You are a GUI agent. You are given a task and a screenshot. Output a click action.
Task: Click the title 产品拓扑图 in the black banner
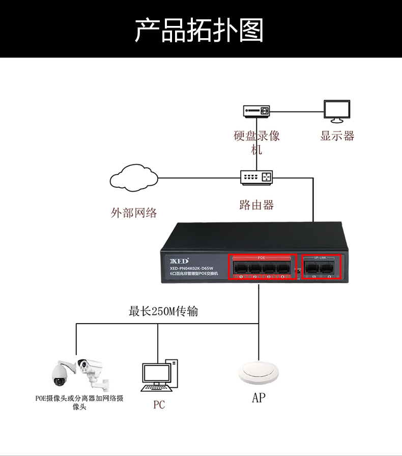coord(200,30)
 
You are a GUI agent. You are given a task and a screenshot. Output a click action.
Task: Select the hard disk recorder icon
coord(256,111)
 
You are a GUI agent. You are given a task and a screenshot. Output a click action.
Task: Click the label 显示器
coord(337,136)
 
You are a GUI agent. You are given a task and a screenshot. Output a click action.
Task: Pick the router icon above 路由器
coord(256,178)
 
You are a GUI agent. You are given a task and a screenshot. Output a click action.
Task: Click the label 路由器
coord(256,205)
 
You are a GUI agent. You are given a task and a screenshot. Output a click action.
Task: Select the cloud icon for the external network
coord(133,178)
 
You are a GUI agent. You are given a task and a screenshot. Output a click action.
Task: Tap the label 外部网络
coord(134,213)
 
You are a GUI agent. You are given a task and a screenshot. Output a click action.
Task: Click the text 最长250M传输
coord(163,311)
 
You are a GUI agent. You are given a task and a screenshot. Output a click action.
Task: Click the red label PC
coord(159,405)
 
